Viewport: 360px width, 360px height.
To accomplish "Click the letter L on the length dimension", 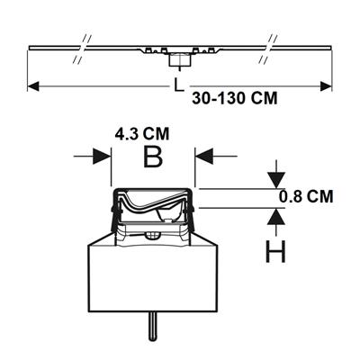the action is click(x=179, y=85).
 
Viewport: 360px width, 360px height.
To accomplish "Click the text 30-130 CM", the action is click(x=235, y=98).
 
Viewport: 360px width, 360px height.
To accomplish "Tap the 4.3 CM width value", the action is click(x=142, y=134).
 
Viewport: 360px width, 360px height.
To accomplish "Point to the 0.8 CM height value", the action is click(x=306, y=197).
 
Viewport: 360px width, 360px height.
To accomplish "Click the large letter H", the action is click(x=275, y=251).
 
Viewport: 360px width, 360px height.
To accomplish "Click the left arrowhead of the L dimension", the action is click(x=33, y=86).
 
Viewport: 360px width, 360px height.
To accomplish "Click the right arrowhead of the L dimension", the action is click(x=326, y=86).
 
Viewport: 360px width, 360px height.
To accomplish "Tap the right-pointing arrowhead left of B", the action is click(x=102, y=156).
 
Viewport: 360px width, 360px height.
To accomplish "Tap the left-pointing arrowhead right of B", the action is click(x=204, y=156).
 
